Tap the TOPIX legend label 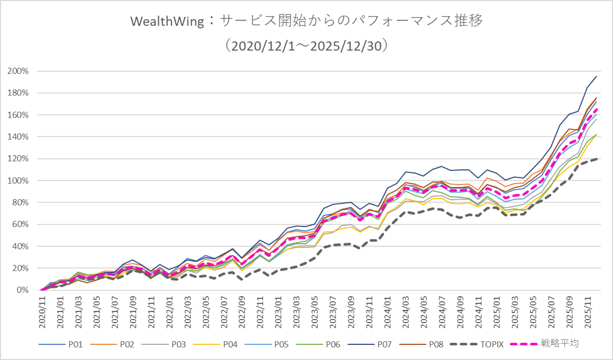[x=493, y=344]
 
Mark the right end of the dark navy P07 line [x=596, y=76]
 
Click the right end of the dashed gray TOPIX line [x=596, y=159]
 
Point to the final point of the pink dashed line [x=596, y=108]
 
